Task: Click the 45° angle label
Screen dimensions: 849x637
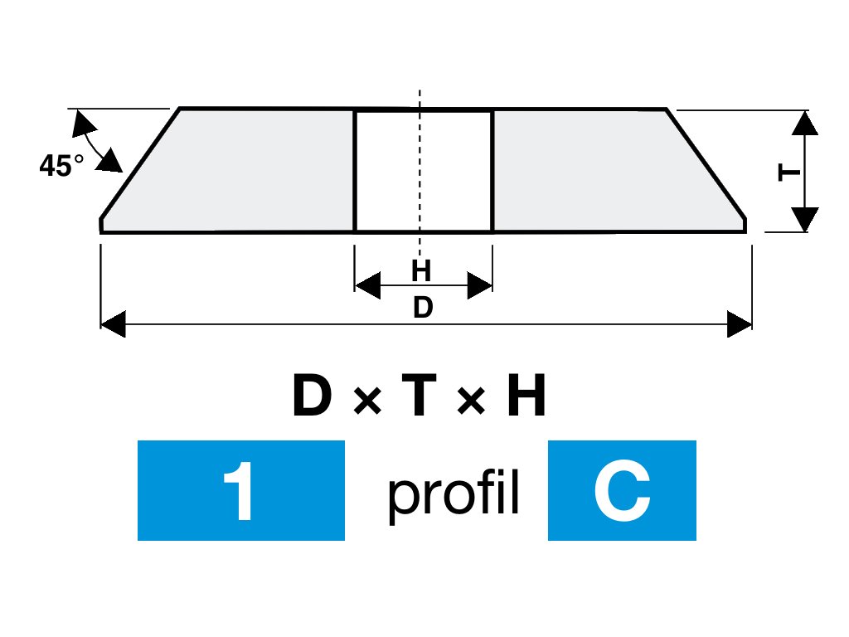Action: pyautogui.click(x=61, y=166)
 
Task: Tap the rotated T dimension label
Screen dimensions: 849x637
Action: pyautogui.click(x=789, y=173)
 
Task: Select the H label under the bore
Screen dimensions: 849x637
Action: pyautogui.click(x=422, y=270)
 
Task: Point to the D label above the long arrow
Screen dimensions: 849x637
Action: pyautogui.click(x=423, y=308)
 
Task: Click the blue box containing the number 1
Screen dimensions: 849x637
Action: pyautogui.click(x=240, y=490)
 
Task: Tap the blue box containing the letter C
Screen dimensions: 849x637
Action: pyautogui.click(x=622, y=490)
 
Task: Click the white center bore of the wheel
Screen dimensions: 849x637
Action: pyautogui.click(x=424, y=171)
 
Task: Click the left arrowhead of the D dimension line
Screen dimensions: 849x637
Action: pyautogui.click(x=113, y=324)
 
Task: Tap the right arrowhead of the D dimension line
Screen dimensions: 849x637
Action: pyautogui.click(x=739, y=324)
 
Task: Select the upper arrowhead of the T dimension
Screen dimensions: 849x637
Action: pyautogui.click(x=805, y=122)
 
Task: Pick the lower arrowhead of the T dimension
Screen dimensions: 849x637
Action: pyautogui.click(x=805, y=219)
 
